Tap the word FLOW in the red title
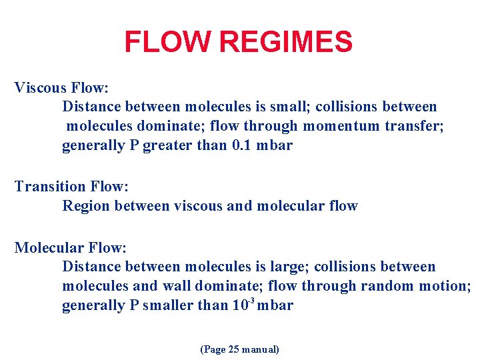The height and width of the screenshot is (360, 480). click(x=169, y=43)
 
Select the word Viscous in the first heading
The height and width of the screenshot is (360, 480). click(x=41, y=87)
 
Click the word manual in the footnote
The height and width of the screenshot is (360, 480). click(x=260, y=349)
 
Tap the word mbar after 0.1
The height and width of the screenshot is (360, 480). click(x=275, y=145)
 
